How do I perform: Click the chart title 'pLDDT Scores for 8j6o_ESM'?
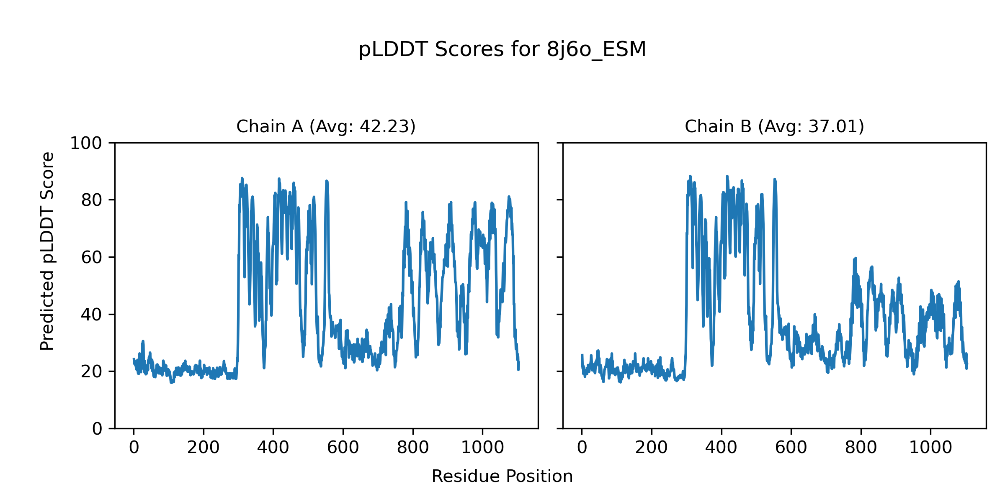(502, 49)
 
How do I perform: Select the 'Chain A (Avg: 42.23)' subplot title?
(326, 126)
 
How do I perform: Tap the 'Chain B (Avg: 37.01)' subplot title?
(774, 126)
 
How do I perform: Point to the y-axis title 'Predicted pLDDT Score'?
(47, 251)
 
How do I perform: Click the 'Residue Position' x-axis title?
(502, 476)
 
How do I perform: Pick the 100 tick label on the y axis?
(86, 143)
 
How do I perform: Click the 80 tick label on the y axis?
(92, 200)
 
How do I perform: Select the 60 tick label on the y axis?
(92, 257)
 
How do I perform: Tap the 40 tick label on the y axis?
(92, 315)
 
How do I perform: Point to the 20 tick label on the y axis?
(92, 371)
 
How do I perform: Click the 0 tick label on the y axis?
(97, 429)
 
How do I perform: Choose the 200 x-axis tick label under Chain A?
(204, 448)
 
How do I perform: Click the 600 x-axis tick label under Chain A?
(343, 448)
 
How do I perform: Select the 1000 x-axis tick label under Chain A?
(482, 448)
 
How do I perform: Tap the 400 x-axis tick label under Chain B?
(721, 448)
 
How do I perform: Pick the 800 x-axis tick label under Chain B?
(861, 448)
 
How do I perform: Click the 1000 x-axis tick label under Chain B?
(930, 448)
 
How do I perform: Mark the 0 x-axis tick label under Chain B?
(582, 448)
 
